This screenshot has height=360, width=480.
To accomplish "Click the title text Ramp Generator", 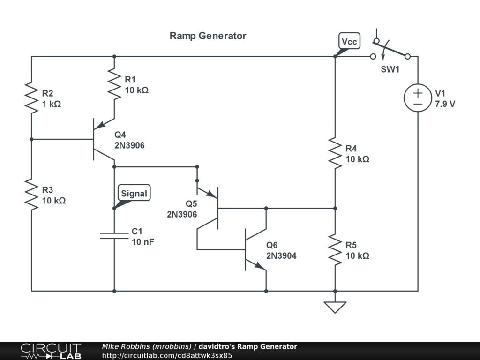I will coord(208,36).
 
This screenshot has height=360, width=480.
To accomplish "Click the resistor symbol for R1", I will coord(114,84).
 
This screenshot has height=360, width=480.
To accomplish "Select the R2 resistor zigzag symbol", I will coord(31,98).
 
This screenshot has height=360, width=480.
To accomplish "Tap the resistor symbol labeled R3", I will coord(31,195).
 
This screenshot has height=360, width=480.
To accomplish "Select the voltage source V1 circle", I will coord(418,98).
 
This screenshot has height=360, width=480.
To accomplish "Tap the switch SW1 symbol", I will coord(390,52).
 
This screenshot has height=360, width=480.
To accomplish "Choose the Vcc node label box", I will coord(349,42).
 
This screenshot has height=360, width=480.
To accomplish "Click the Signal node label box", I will coord(134,194).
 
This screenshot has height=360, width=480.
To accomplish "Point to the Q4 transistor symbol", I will coord(98,139).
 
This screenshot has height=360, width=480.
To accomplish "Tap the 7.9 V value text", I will coord(445,104).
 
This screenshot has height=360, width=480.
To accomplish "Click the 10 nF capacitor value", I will coord(143,242).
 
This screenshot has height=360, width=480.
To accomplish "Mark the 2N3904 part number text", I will coord(281,256).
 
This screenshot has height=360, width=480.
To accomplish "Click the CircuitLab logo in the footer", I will coord(51,351).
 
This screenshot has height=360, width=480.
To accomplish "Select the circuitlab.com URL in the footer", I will coord(167,355).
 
